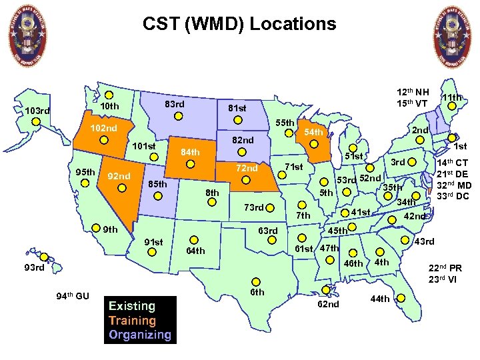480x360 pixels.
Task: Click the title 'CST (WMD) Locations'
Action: click(239, 25)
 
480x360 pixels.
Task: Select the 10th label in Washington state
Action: click(109, 107)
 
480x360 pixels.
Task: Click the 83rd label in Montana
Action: click(174, 105)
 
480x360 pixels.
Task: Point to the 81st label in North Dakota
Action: click(236, 108)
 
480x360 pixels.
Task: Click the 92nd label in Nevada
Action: click(119, 177)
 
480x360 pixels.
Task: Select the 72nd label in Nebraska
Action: click(246, 168)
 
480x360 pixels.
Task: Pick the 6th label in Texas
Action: click(257, 292)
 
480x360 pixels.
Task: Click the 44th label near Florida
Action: click(379, 299)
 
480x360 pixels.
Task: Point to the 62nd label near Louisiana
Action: click(328, 304)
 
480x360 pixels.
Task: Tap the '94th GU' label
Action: click(72, 296)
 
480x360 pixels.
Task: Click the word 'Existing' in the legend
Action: click(131, 307)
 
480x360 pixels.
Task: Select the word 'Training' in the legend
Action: click(132, 321)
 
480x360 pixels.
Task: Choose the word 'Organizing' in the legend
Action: click(140, 335)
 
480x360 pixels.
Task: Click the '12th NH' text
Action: click(413, 91)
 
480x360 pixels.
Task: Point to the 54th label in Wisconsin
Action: click(313, 133)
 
